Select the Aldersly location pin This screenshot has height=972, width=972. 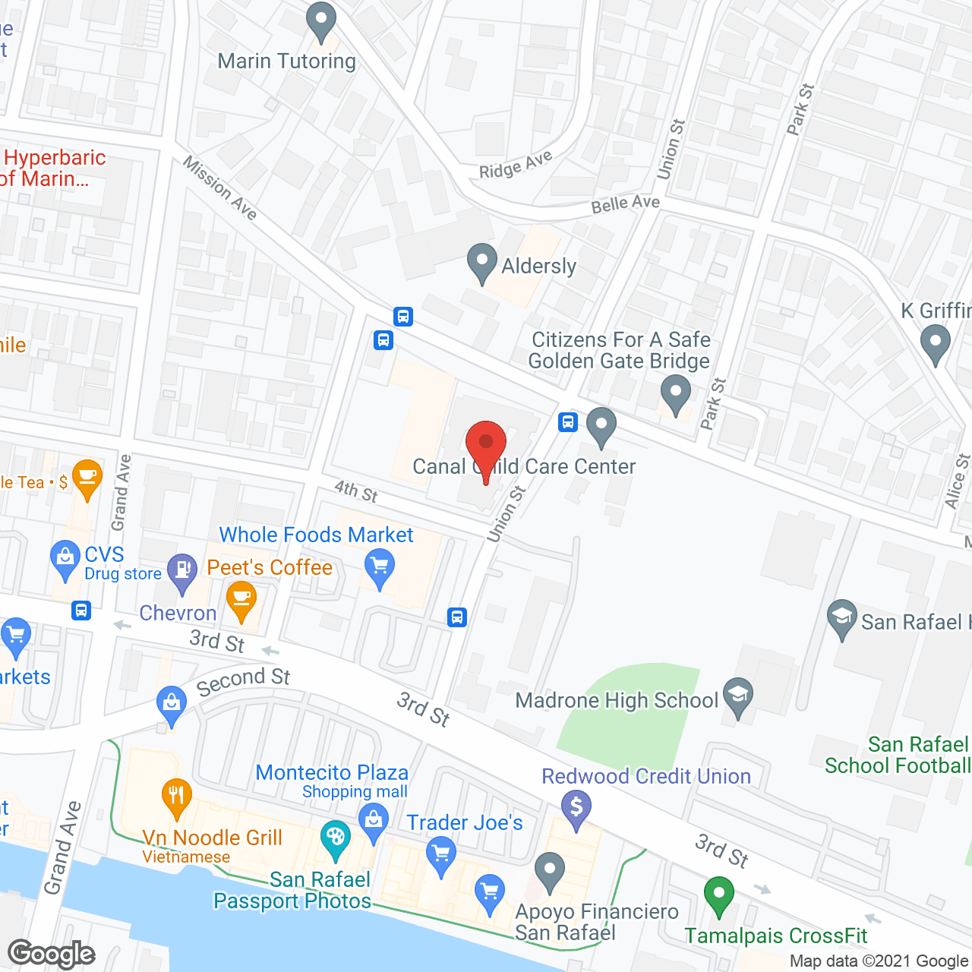point(481,262)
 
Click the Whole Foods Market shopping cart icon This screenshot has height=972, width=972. point(380,567)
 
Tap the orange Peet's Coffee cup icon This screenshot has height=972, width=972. point(241,599)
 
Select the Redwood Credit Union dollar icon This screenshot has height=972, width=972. point(576,807)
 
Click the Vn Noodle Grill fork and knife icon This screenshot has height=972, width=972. point(176,797)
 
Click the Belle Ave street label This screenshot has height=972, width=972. point(625,204)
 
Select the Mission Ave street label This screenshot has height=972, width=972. point(220,188)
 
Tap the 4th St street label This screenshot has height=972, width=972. point(356,491)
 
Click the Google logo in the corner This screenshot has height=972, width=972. point(52,954)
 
